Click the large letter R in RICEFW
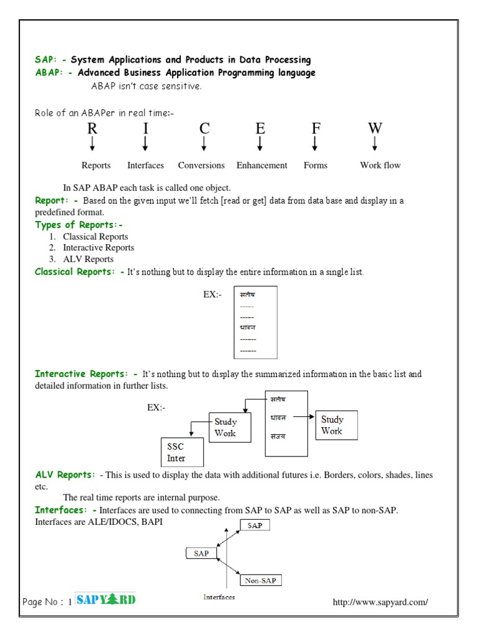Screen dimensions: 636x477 click(93, 129)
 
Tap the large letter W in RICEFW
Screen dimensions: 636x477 click(375, 129)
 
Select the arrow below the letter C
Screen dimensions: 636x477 click(204, 145)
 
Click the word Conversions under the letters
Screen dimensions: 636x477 click(201, 165)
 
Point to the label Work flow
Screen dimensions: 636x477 click(380, 165)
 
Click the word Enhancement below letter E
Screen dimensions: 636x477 click(261, 165)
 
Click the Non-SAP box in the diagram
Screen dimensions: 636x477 click(261, 581)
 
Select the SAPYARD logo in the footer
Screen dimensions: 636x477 click(106, 599)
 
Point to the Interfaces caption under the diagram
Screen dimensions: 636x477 click(219, 597)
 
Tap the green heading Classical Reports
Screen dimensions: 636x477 click(79, 272)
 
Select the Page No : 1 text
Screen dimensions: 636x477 click(48, 602)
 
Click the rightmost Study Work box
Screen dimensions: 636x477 click(336, 425)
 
